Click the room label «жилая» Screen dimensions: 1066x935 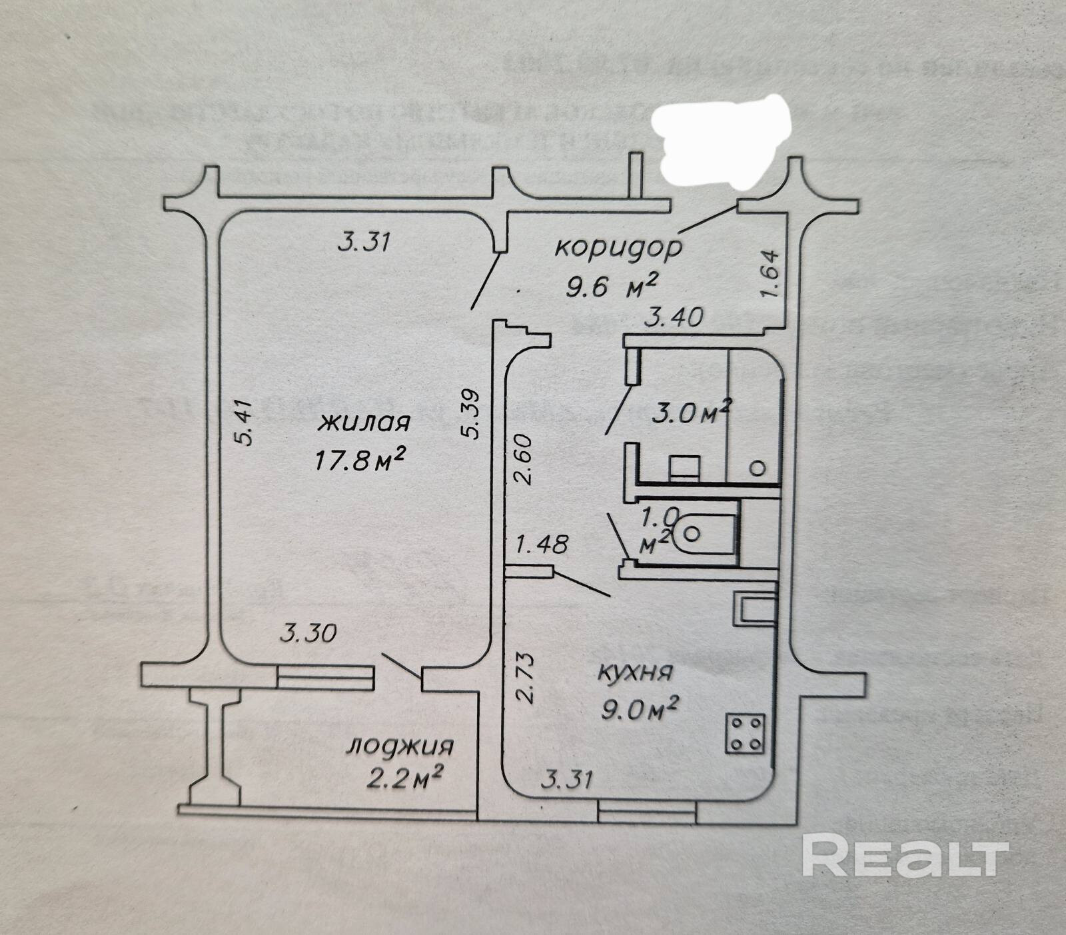pyautogui.click(x=363, y=423)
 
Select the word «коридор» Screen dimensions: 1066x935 pyautogui.click(x=619, y=247)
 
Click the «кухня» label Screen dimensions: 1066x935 pyautogui.click(x=634, y=672)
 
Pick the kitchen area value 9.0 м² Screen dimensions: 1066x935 pyautogui.click(x=639, y=709)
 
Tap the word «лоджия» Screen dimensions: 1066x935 pyautogui.click(x=399, y=745)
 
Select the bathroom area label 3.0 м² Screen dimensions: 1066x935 pyautogui.click(x=692, y=413)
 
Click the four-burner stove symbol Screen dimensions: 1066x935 pyautogui.click(x=745, y=734)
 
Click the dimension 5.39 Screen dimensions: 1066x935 pyautogui.click(x=470, y=413)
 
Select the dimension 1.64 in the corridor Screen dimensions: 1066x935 pyautogui.click(x=768, y=274)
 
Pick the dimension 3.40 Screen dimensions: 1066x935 pyautogui.click(x=674, y=317)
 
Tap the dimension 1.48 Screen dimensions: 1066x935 pyautogui.click(x=542, y=544)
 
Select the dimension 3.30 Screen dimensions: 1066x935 pyautogui.click(x=308, y=632)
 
